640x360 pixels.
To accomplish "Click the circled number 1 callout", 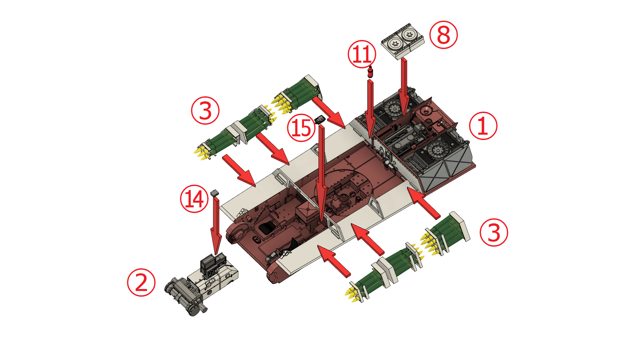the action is click(x=483, y=126).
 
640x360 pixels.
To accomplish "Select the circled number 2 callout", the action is click(x=141, y=282).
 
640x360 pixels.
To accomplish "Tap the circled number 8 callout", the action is click(x=443, y=35).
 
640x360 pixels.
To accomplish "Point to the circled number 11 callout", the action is click(x=362, y=54).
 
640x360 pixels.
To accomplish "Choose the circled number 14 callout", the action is click(x=194, y=199).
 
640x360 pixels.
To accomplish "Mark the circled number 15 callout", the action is click(x=301, y=128).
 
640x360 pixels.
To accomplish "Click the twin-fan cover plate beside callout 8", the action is click(x=403, y=41).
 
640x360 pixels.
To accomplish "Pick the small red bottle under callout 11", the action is click(x=370, y=72).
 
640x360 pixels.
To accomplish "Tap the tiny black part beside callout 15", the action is click(x=320, y=120).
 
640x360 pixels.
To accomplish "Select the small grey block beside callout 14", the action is click(x=214, y=193).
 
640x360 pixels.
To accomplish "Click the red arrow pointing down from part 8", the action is click(x=404, y=87).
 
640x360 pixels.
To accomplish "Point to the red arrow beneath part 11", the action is click(x=370, y=109).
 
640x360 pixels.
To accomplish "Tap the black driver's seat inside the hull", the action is click(x=267, y=228).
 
